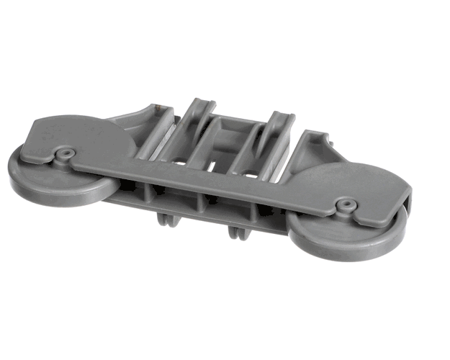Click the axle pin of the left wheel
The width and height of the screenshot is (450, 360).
[66, 153]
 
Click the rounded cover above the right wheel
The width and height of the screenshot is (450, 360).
[353, 189]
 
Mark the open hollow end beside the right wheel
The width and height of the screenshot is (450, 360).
[408, 209]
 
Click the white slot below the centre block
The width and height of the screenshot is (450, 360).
[215, 167]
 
